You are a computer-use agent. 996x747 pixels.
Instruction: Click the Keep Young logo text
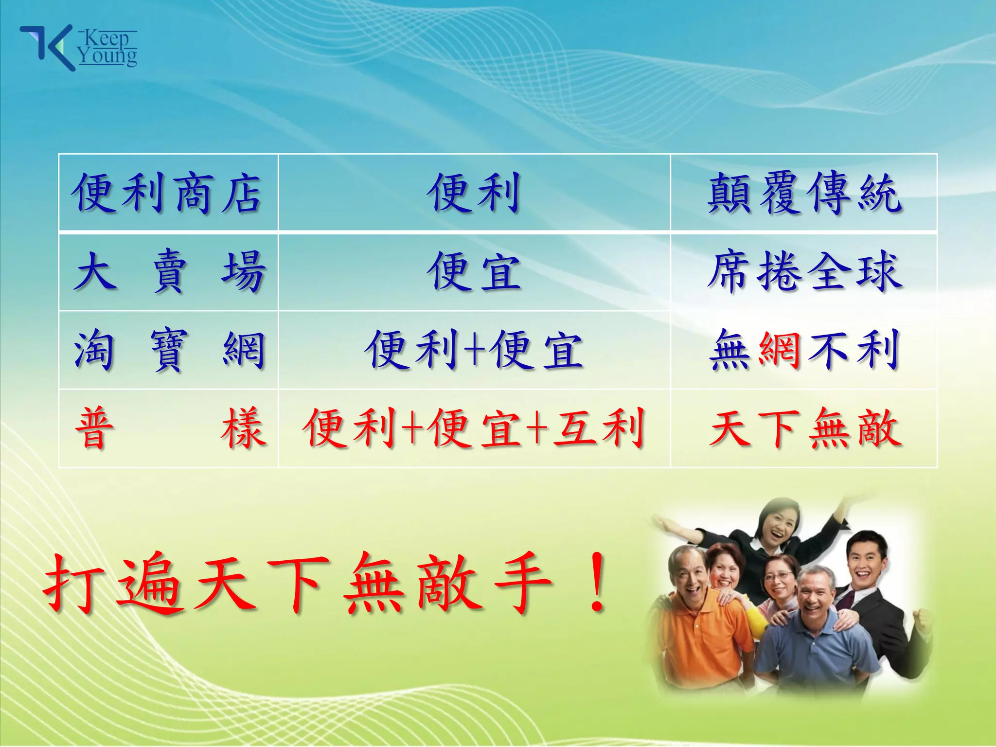108,48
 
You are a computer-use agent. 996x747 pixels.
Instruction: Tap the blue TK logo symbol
46,48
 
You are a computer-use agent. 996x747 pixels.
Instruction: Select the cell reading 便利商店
168,193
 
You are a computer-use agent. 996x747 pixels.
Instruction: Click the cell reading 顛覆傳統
804,193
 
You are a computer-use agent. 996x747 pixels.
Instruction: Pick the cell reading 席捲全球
804,272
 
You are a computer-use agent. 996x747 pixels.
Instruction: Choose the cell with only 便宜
474,272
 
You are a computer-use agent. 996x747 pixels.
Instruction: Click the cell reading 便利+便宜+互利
474,428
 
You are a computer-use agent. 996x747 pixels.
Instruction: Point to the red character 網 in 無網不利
780,349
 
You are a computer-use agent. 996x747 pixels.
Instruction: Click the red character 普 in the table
95,428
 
